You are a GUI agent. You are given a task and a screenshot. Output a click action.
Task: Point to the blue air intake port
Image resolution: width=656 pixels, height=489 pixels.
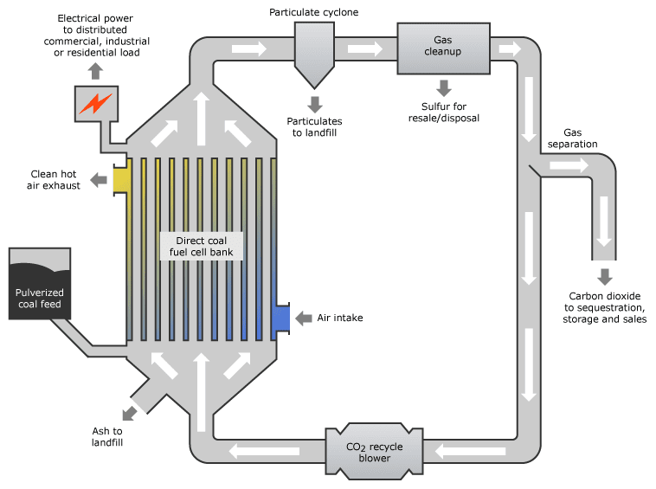pyautogui.click(x=281, y=318)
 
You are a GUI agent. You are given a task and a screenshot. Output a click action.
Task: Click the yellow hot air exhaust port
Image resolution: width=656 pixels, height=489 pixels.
pyautogui.click(x=121, y=179)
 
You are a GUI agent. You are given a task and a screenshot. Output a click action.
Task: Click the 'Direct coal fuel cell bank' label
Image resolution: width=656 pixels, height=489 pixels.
pyautogui.click(x=203, y=246)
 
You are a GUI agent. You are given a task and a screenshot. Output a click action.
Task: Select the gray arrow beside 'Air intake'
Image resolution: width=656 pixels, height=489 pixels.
pyautogui.click(x=303, y=318)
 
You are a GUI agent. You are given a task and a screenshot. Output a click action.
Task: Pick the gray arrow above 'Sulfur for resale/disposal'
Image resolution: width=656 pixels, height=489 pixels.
pyautogui.click(x=443, y=87)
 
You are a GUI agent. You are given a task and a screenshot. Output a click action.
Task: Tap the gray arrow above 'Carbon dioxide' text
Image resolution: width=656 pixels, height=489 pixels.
pyautogui.click(x=604, y=277)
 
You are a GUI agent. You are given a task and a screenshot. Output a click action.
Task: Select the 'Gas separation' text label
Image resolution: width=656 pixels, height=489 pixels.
pyautogui.click(x=572, y=138)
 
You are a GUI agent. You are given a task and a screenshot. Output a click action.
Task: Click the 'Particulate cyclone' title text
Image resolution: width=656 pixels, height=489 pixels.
pyautogui.click(x=313, y=12)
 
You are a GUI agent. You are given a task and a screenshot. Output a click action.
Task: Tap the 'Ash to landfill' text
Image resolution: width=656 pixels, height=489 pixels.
pyautogui.click(x=107, y=436)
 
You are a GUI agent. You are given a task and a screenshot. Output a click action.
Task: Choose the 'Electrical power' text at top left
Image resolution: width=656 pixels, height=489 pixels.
pyautogui.click(x=94, y=18)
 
